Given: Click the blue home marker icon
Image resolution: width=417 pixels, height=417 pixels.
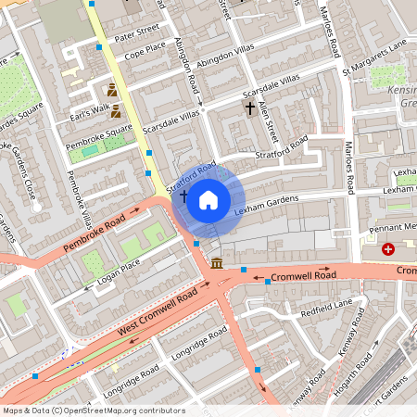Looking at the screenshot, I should click(208, 199).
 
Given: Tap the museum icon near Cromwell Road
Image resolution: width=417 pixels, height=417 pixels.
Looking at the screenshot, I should click(216, 264).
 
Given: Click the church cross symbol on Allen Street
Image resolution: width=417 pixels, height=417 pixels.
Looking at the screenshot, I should click(249, 108).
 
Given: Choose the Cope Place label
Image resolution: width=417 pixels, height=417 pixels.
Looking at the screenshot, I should click(145, 46).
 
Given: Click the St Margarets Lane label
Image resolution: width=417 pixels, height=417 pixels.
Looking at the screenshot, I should click(374, 57).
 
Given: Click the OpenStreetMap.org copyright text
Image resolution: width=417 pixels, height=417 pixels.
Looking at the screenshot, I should click(94, 411).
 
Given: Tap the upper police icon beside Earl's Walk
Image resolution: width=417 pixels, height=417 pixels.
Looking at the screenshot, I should click(113, 91).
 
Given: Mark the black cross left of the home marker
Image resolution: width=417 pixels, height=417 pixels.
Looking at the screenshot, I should click(183, 196).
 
